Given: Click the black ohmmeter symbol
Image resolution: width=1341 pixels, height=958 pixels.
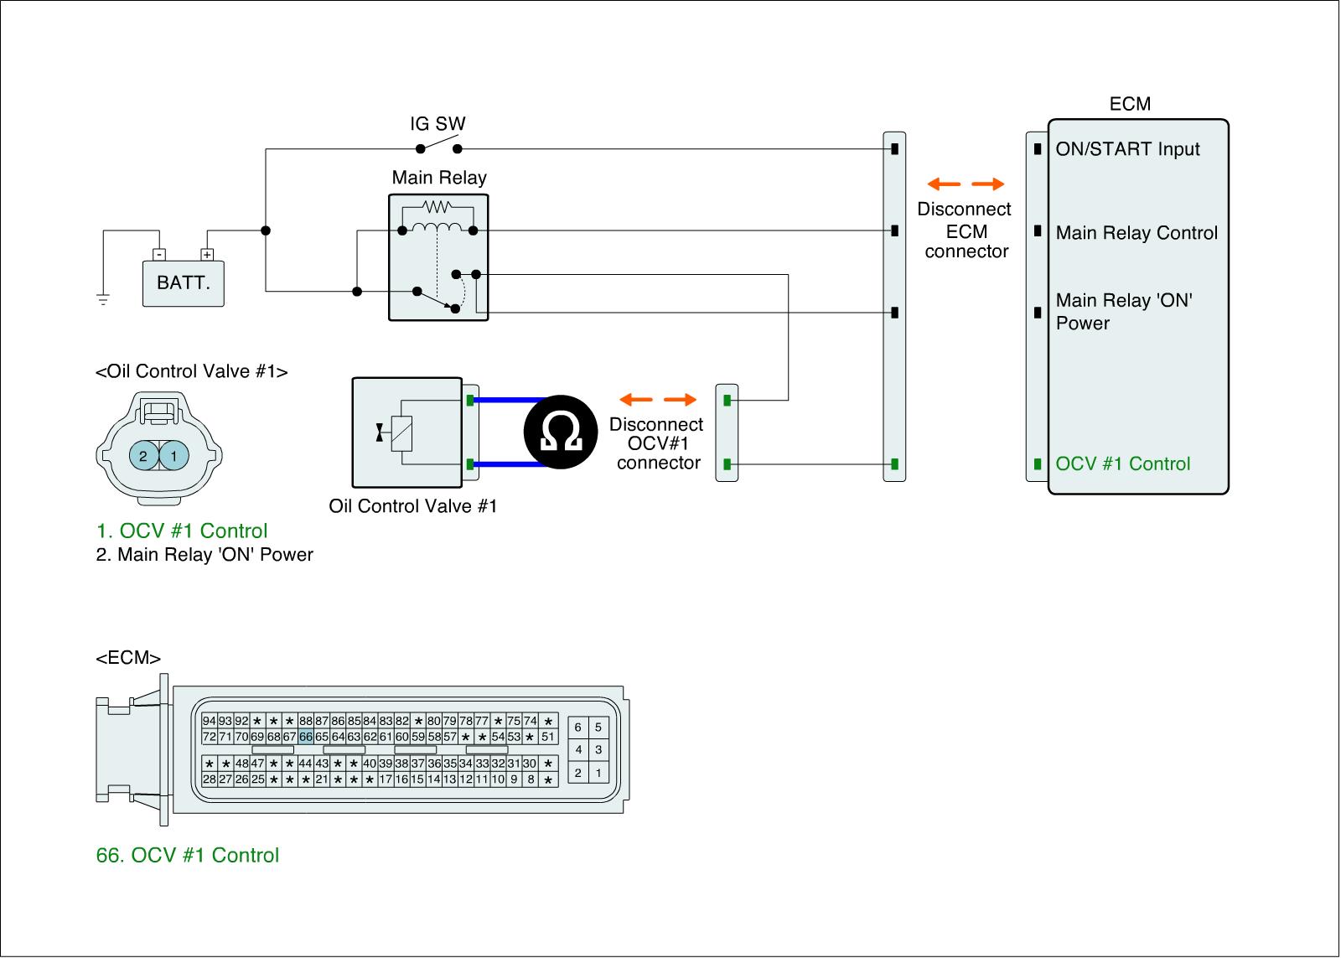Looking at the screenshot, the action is [561, 432].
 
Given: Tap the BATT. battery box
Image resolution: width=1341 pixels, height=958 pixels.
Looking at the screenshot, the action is [184, 283].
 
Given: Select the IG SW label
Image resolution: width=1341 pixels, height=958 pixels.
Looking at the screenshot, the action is [438, 124].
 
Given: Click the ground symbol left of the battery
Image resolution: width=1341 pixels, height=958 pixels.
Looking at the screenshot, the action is [103, 300].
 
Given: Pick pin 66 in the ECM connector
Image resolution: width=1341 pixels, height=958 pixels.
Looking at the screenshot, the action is [306, 737].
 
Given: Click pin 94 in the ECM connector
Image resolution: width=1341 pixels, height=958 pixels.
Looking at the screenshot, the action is [209, 721].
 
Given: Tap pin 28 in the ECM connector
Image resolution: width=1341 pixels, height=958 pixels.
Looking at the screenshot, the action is [209, 779].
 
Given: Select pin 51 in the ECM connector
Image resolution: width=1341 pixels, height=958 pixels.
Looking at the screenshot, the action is [548, 737].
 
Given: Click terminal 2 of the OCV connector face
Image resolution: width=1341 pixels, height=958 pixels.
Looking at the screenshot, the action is [143, 456].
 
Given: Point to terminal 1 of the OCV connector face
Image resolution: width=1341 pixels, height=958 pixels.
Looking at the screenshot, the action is [174, 456].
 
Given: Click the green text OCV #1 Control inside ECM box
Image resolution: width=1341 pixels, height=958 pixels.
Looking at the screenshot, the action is [1122, 464].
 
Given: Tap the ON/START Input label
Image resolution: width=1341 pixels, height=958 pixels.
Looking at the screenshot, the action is [1127, 149].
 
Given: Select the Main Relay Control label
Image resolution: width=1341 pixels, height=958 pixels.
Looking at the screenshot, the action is [1136, 233].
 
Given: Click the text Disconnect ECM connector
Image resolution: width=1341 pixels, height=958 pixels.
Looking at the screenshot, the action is [965, 230].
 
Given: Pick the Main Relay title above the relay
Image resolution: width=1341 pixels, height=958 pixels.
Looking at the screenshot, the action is [439, 178].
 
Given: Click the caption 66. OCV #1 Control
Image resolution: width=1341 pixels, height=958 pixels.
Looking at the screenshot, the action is [188, 856].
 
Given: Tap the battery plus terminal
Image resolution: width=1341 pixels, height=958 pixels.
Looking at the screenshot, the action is [207, 255].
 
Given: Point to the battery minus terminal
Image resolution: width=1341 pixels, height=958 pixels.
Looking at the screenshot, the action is [159, 255].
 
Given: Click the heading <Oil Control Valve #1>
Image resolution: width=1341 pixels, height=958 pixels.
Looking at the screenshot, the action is [192, 372].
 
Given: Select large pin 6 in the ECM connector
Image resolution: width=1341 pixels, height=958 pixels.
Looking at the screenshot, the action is [577, 728].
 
